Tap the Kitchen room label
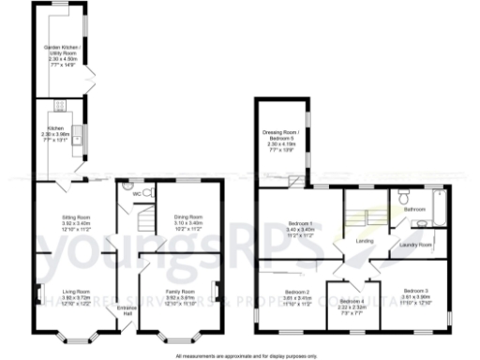[56, 132]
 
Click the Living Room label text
[75, 296]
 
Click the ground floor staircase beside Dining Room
[142, 221]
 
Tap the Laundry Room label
[414, 245]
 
